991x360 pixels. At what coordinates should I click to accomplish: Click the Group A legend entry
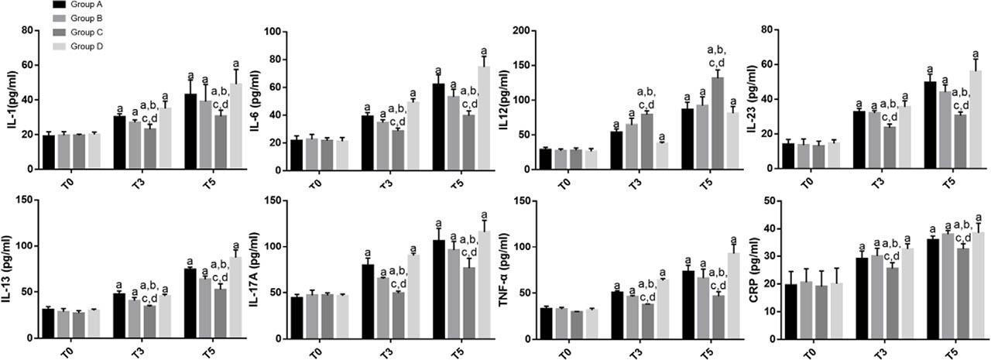(85, 4)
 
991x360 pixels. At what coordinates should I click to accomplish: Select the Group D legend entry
(85, 46)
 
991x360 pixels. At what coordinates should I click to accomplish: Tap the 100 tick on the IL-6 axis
(272, 31)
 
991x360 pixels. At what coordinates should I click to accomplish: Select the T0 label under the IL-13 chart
(69, 353)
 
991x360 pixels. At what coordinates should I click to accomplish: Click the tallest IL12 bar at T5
(718, 123)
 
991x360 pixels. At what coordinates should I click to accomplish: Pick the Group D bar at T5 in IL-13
(235, 298)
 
